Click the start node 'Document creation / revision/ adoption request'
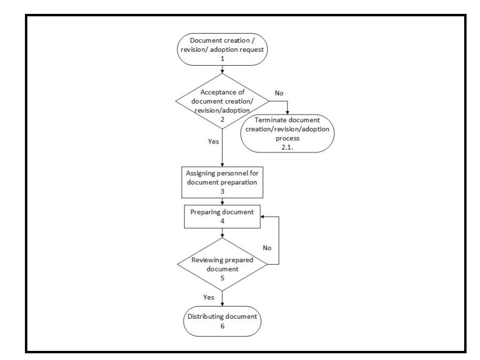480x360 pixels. click(x=222, y=50)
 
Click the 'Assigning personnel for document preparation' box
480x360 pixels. click(x=222, y=182)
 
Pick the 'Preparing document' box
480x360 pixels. click(x=222, y=216)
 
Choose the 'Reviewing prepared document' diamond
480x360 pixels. click(x=222, y=265)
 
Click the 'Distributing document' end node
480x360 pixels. click(x=222, y=321)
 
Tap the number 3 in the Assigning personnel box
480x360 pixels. click(x=222, y=191)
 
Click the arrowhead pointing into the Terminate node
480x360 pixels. click(x=287, y=112)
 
